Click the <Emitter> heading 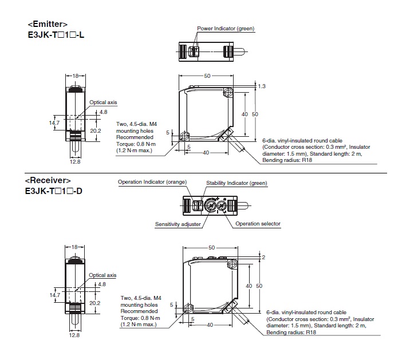[47, 24]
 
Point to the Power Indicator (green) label [226, 28]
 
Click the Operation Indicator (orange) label [152, 183]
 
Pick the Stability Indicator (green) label [236, 183]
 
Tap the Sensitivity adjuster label [178, 224]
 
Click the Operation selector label [258, 224]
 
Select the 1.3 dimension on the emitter [262, 86]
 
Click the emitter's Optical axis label [103, 102]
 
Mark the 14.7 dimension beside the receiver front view [54, 295]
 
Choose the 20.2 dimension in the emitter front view [96, 130]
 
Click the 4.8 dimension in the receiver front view [103, 284]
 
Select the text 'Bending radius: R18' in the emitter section [286, 161]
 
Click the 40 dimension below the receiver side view [211, 325]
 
